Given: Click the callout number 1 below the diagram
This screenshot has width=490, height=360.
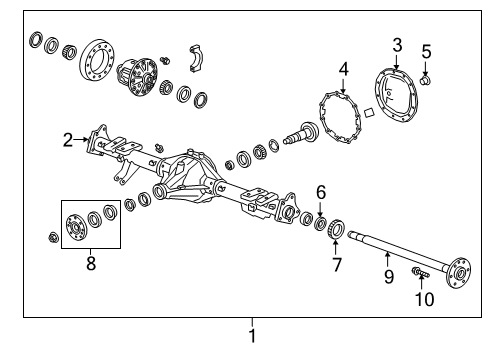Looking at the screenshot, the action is pyautogui.click(x=252, y=336).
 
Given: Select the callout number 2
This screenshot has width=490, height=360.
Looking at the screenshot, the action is pyautogui.click(x=68, y=140).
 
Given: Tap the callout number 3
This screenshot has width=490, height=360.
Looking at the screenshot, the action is pyautogui.click(x=397, y=44).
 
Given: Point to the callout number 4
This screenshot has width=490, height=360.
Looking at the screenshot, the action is pyautogui.click(x=343, y=69).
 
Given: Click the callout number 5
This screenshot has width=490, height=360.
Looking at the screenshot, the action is pyautogui.click(x=425, y=52).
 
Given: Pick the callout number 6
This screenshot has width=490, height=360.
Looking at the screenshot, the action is pyautogui.click(x=321, y=192).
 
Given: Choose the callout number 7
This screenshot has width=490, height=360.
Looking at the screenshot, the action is pyautogui.click(x=336, y=265).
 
